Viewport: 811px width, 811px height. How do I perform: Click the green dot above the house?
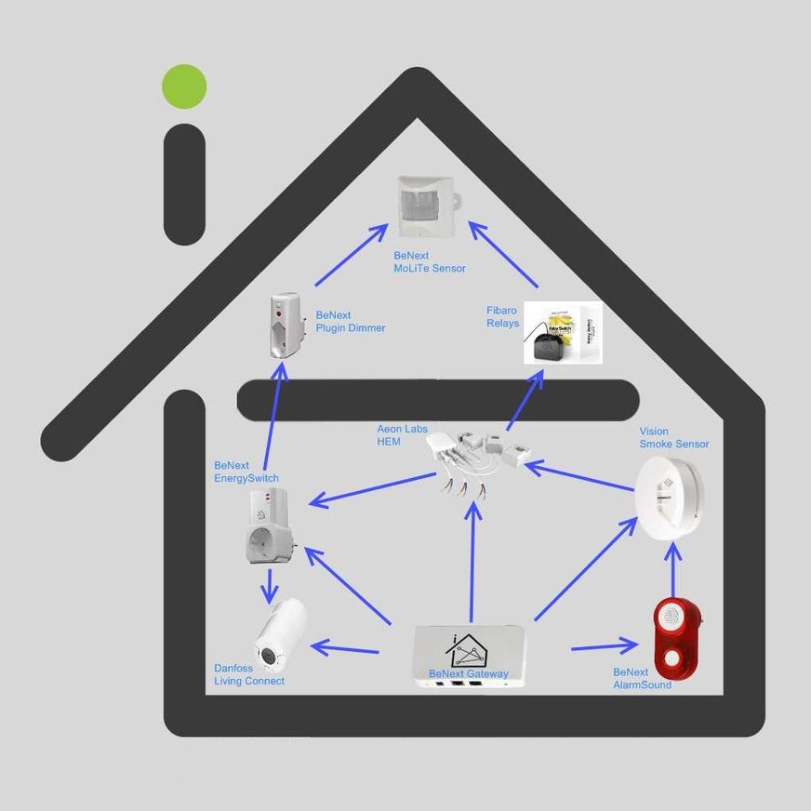pos(184,86)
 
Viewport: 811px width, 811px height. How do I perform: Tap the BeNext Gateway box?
pos(469,657)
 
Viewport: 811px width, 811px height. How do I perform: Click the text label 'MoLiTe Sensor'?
pos(430,269)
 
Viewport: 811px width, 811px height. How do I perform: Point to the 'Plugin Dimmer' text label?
pos(351,328)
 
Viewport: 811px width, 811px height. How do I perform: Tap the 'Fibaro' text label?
pos(502,310)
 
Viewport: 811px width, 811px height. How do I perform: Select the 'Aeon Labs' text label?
pos(402,429)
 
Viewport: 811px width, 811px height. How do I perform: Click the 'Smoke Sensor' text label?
pos(674,445)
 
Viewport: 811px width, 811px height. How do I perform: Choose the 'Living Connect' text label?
pos(249,681)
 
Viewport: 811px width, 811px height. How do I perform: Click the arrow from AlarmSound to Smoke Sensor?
pos(673,568)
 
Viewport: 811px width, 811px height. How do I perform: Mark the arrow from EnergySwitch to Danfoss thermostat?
pos(270,585)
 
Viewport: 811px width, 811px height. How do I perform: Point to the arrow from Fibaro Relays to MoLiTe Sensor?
pos(503,254)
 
